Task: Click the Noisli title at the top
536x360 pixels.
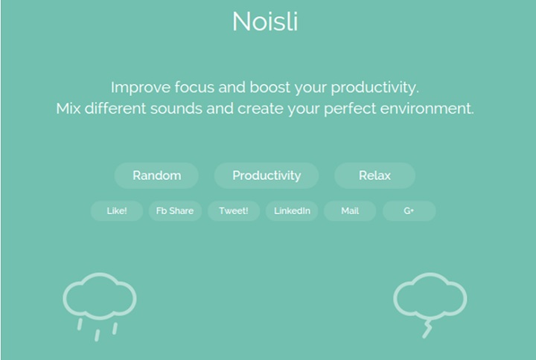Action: (265, 21)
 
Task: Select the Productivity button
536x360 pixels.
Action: (267, 176)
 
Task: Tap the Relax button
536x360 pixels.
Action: (374, 176)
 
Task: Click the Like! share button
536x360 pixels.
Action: (117, 210)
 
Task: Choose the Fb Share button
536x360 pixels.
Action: (175, 210)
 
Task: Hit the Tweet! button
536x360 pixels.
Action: (234, 210)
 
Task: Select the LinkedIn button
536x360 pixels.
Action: (292, 210)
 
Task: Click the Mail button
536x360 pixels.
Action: (350, 210)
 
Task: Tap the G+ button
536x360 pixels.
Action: (409, 210)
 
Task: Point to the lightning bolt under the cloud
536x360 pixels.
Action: (427, 329)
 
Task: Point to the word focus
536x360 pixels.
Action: (195, 87)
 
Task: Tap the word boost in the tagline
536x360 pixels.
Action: (270, 87)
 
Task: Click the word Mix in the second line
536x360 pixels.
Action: (68, 109)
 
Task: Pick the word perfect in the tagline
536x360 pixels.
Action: (350, 109)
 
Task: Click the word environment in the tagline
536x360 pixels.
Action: (427, 109)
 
